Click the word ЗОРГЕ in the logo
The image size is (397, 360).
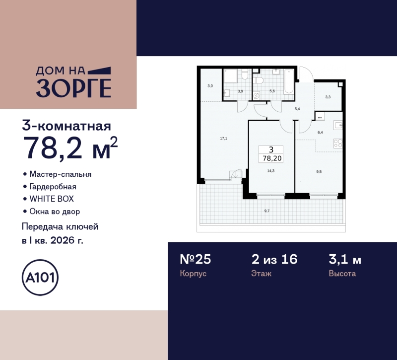(x=73, y=88)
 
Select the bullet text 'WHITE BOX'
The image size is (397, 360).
(x=51, y=199)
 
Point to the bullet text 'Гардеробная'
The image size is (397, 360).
(x=53, y=187)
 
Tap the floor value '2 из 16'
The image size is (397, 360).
(x=274, y=259)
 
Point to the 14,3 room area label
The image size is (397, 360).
(x=271, y=170)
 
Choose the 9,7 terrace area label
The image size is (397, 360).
(x=267, y=211)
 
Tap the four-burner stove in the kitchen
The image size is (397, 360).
(x=337, y=143)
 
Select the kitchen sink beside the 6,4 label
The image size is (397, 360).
(x=337, y=125)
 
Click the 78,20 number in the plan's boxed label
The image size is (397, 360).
(x=271, y=158)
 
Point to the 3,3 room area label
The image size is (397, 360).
(x=328, y=97)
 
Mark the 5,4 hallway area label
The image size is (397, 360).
(x=297, y=108)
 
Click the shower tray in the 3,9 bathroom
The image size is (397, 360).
(x=231, y=76)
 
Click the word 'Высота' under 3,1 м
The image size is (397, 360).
(x=342, y=274)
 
